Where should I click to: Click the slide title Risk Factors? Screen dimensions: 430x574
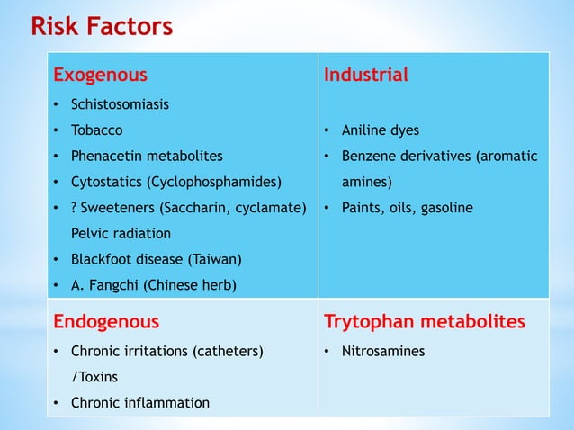click(102, 27)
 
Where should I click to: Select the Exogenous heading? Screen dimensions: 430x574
click(100, 75)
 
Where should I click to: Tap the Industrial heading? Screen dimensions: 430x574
click(365, 75)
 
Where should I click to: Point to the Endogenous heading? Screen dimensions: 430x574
click(106, 321)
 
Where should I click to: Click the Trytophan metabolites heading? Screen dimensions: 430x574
click(424, 321)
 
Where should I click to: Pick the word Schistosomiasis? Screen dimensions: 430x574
click(120, 104)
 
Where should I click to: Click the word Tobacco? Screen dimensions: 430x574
click(96, 130)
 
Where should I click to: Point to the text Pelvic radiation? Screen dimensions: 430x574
click(121, 234)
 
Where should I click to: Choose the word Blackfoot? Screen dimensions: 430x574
click(103, 260)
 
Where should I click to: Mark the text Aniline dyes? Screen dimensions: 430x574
click(380, 130)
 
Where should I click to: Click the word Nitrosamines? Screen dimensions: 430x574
click(382, 351)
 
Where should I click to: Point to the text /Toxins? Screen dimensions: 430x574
click(94, 377)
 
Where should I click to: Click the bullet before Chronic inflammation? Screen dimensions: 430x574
click(58, 403)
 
